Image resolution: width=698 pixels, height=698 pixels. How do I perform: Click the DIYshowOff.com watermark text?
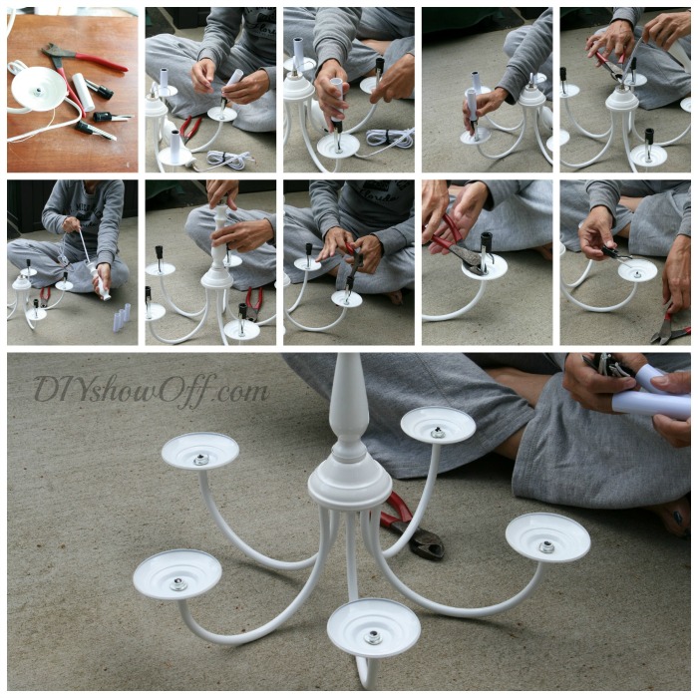[151, 389]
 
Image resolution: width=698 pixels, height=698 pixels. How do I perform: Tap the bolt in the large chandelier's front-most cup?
[373, 635]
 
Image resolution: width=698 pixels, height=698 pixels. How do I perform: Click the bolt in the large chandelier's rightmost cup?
[546, 546]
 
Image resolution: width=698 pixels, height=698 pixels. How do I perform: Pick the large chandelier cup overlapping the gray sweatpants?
[438, 425]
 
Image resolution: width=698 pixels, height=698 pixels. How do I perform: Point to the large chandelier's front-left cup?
[177, 575]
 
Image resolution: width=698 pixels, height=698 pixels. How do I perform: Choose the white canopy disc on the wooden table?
[38, 88]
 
